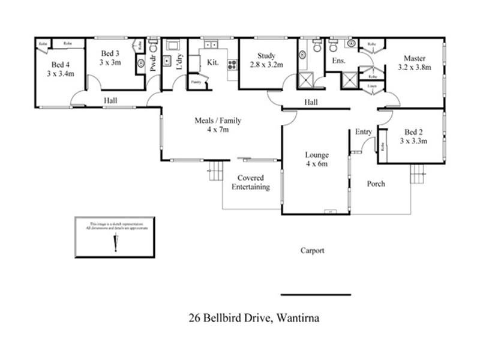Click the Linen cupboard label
[372, 88]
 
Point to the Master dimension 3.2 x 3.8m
[414, 68]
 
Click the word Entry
[363, 132]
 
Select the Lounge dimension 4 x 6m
[316, 164]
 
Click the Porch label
[376, 184]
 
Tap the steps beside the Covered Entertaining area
[215, 172]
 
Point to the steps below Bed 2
[418, 175]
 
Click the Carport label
[312, 251]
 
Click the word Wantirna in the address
[296, 318]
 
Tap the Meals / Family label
[217, 121]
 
